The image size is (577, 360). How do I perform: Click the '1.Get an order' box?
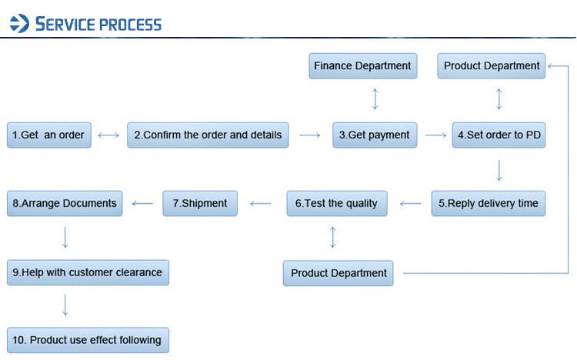tap(49, 135)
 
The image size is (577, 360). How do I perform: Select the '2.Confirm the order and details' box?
tap(208, 135)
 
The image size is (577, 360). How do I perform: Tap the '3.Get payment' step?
tap(375, 135)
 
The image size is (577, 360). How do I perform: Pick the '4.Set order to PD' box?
tap(499, 135)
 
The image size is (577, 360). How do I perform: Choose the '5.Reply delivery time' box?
tap(488, 203)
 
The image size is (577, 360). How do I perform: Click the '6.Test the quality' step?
tap(336, 203)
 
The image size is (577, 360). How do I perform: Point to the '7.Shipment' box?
tap(200, 203)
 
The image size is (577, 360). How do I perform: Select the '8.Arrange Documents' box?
tap(65, 203)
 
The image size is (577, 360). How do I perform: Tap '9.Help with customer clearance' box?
tap(88, 272)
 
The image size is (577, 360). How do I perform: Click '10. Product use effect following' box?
tap(88, 339)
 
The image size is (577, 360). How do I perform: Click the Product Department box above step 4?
tap(492, 65)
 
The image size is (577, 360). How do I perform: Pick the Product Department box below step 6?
tap(339, 273)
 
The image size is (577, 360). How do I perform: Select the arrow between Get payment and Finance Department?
tap(375, 99)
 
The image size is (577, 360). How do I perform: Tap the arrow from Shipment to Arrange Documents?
tap(143, 204)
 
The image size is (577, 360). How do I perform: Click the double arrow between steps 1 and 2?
tap(108, 135)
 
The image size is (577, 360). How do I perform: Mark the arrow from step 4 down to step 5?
tap(499, 169)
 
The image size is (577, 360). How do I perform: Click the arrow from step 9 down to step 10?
tap(65, 305)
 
